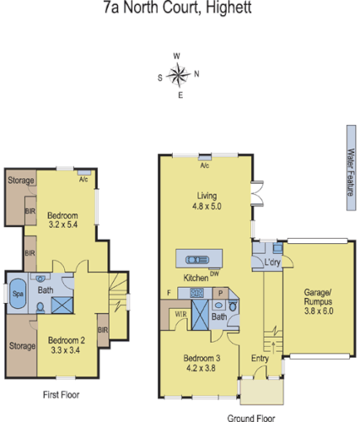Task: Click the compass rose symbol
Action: coord(178,75)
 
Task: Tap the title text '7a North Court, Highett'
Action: coord(179,11)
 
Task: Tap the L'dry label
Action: coord(271,263)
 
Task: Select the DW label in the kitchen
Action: coord(215,273)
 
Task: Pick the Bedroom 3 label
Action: coord(201,363)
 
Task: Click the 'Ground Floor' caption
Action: coord(253,416)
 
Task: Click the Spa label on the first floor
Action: coord(18,294)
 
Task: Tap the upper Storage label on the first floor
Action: coord(21,180)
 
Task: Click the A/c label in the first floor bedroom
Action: coord(83,180)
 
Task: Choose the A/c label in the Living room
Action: coord(204,165)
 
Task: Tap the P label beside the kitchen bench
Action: coord(218,291)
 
